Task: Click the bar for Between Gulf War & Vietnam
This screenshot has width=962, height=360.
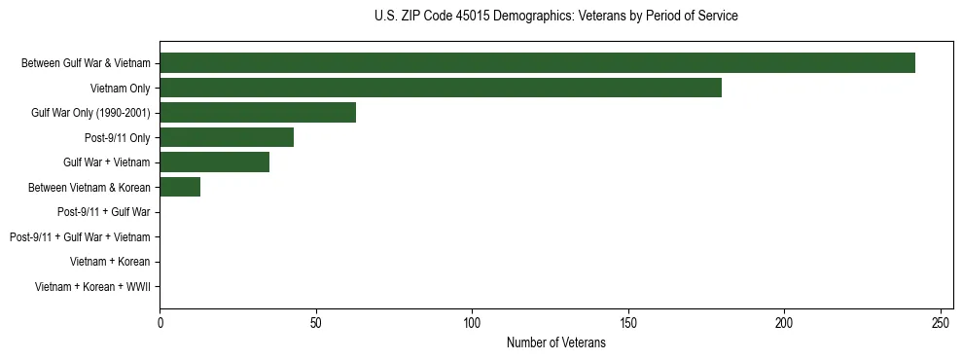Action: coord(537,63)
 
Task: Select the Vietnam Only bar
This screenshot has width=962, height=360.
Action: coord(441,88)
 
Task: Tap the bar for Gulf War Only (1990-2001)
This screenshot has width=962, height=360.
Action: coord(258,113)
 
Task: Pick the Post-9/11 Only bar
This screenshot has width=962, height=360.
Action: coord(227,137)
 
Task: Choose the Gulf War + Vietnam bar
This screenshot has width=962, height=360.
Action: coord(214,162)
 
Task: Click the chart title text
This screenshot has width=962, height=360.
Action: coord(555,17)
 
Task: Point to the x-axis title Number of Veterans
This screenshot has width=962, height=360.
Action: coord(555,342)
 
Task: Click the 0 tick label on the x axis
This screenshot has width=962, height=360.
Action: coord(160,322)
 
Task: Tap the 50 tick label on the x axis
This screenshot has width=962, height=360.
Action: coord(316,322)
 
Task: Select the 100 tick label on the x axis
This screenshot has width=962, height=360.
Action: coord(472,322)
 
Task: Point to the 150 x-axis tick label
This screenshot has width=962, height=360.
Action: coord(628,322)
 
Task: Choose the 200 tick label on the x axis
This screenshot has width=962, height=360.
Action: coord(784,322)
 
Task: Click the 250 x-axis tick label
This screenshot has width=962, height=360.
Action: coord(941,322)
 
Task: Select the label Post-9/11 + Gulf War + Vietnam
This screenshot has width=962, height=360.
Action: coord(80,237)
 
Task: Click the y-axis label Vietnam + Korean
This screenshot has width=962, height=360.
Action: coord(110,262)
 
